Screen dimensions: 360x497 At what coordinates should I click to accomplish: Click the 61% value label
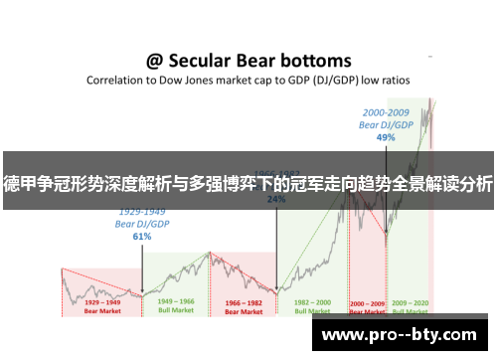[x=141, y=237]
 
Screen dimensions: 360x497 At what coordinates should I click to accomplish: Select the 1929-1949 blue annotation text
[x=142, y=213]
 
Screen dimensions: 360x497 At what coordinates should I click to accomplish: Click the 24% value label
[x=277, y=199]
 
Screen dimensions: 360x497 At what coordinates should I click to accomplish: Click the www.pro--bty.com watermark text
[x=401, y=334]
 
